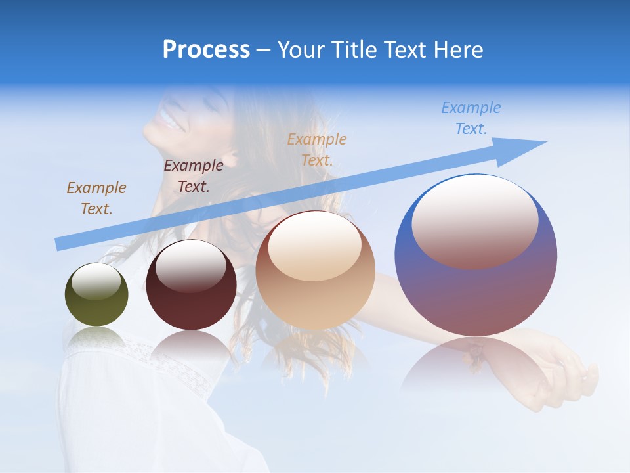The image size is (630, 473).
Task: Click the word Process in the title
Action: coord(206,50)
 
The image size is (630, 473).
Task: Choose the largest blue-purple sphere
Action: coord(476,289)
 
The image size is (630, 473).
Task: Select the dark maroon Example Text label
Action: coord(194,176)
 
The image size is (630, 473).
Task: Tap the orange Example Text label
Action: coord(317,149)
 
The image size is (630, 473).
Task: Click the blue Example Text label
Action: coord(471,118)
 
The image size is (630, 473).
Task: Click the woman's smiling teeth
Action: coord(166,122)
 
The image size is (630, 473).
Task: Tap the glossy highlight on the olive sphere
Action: coord(96,281)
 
